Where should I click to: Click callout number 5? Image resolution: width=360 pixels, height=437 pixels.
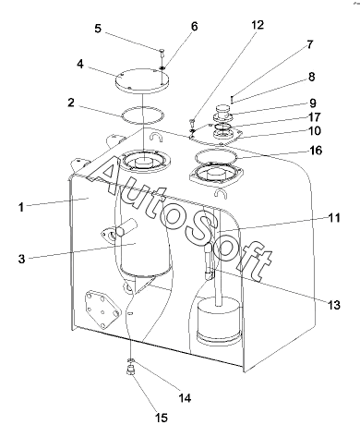click(98, 29)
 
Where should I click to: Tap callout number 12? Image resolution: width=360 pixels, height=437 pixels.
click(258, 25)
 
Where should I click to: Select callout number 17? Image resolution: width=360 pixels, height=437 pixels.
click(314, 117)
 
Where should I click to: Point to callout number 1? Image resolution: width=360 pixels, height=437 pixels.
click(21, 207)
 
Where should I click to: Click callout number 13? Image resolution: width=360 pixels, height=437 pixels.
click(334, 305)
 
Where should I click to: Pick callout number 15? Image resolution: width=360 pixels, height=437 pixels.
click(162, 418)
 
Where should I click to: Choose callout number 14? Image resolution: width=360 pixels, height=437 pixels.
click(185, 398)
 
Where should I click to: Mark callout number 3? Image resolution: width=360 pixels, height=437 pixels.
click(21, 259)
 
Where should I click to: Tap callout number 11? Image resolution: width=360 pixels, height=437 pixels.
click(334, 218)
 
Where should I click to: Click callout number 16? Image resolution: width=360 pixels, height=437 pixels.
click(316, 151)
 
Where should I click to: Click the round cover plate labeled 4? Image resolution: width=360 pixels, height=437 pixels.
click(142, 80)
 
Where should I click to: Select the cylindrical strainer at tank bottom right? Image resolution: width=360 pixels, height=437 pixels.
click(218, 321)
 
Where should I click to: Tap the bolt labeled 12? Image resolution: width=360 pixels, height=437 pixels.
click(192, 122)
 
